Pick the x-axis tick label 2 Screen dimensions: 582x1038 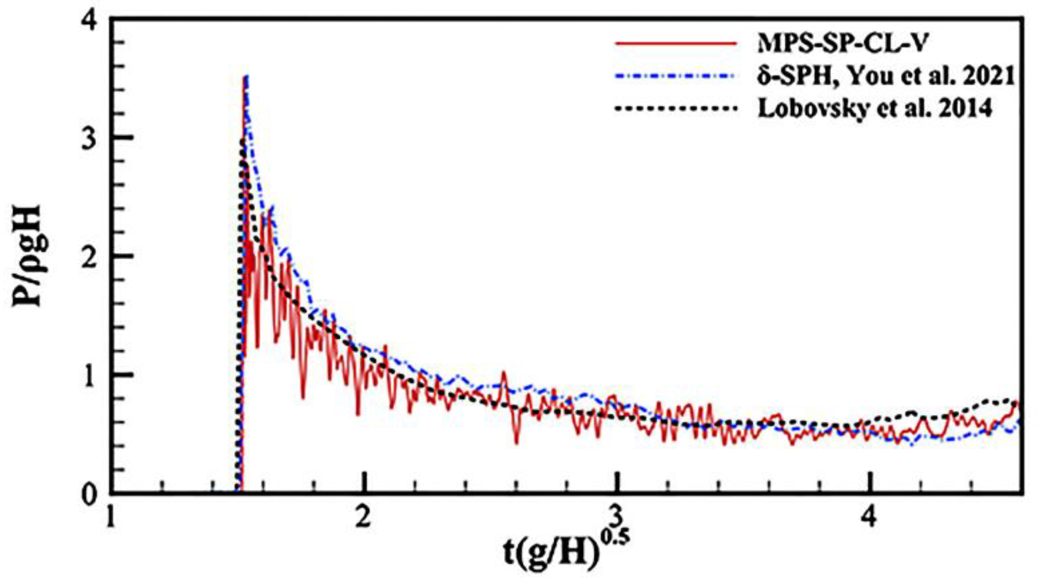(363, 518)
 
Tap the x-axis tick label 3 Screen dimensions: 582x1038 (615, 518)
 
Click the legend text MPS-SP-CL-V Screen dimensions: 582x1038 (843, 43)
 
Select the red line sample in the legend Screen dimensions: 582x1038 (676, 43)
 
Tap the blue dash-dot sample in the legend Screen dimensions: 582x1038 (676, 76)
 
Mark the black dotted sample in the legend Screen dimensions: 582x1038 (676, 108)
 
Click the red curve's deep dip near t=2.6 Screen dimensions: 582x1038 (516, 443)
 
